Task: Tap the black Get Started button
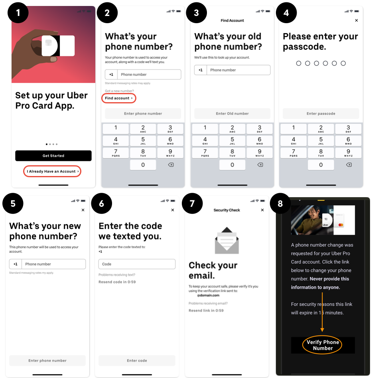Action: tap(53, 156)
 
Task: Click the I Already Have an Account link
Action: tap(52, 171)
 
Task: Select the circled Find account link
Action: tap(119, 98)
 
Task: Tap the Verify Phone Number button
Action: tap(323, 345)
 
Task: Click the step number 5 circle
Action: tap(13, 203)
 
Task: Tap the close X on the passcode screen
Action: tap(356, 20)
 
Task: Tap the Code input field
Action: tap(137, 264)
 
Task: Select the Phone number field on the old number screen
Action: tap(232, 70)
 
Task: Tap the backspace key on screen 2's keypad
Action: tap(171, 165)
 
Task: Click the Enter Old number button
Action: tap(232, 113)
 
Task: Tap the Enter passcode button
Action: tap(321, 113)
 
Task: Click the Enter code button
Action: tap(137, 360)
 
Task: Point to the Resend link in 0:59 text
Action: tap(206, 311)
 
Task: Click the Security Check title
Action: tap(226, 210)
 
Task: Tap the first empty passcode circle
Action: tap(299, 63)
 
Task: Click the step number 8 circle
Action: tap(280, 203)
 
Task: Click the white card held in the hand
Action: tap(58, 46)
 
